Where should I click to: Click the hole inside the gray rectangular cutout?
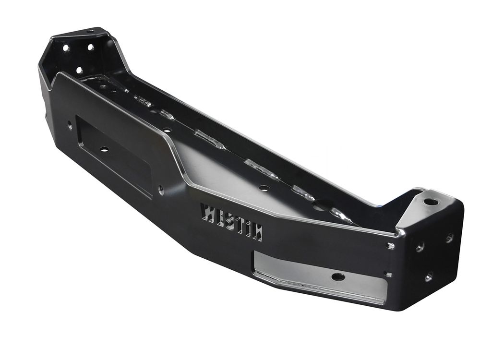(x=338, y=276)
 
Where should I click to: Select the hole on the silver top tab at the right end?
(x=430, y=202)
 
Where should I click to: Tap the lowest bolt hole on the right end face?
(x=428, y=276)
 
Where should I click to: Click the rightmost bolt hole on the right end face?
(x=449, y=238)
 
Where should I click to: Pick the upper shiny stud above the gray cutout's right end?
(x=391, y=246)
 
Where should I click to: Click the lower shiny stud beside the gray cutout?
(x=388, y=274)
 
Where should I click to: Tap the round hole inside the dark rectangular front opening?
(x=105, y=149)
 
